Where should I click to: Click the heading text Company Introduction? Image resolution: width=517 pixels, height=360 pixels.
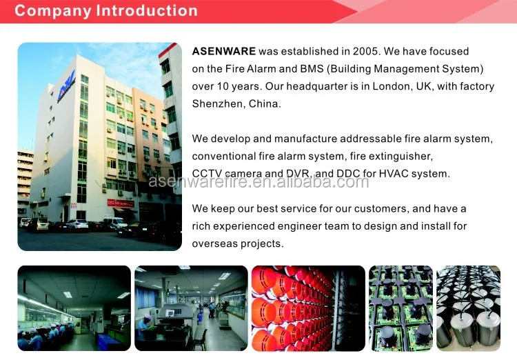coord(106,11)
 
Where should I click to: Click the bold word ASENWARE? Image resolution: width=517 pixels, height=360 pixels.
coord(224,52)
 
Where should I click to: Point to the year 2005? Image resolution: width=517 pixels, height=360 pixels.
coord(365,52)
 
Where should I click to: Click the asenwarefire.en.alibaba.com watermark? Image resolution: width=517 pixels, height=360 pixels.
coord(259,182)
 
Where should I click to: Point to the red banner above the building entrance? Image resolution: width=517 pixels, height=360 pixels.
coord(121,203)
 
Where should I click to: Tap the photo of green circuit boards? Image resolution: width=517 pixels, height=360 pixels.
coord(401,308)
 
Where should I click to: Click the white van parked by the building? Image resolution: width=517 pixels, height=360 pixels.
coord(115,223)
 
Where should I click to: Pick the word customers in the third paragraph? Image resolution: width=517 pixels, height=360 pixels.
coord(377,209)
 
